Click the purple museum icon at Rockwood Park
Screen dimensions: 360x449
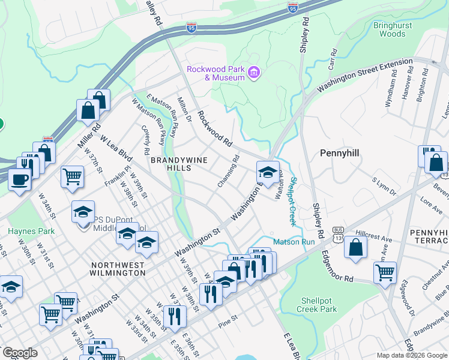[254, 73]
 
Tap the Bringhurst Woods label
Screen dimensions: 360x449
[389, 30]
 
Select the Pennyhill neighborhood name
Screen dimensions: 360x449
[339, 154]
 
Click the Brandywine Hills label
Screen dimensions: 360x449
[170, 164]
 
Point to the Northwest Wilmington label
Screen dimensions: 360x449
[118, 269]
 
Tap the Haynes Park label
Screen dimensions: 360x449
[31, 231]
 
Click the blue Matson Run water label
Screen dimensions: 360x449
[294, 242]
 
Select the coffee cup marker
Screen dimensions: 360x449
[20, 179]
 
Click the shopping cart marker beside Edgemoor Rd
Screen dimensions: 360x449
[385, 272]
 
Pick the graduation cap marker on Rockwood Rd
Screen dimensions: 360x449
[268, 172]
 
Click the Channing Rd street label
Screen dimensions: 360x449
[229, 171]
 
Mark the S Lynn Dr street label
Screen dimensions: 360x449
[384, 187]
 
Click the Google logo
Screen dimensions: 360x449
[20, 353]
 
